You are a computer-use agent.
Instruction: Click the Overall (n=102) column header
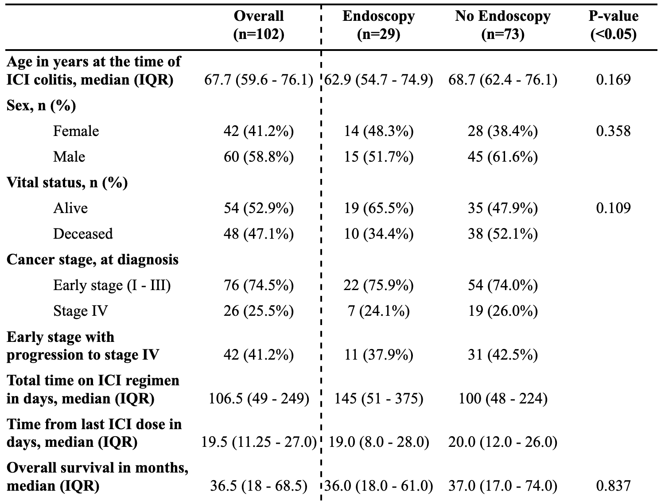coord(259,25)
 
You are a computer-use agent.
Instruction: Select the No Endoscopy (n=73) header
coord(502,25)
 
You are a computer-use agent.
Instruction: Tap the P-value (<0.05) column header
coord(614,25)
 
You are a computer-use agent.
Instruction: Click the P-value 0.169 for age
coord(614,80)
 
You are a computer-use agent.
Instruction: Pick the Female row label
coord(76,131)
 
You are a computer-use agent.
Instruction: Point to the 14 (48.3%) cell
coord(378,131)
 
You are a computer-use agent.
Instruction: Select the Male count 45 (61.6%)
coord(502,157)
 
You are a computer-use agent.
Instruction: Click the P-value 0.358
coord(614,131)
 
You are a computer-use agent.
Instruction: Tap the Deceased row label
coord(83,234)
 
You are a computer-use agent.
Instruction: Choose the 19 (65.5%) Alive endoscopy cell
coord(378,208)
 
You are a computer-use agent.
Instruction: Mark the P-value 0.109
coord(614,208)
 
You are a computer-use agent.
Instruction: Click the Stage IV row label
coord(80,311)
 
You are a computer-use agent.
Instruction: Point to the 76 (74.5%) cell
coord(259,285)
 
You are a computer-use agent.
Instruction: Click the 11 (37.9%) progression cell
coord(378,355)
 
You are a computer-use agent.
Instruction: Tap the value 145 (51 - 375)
coord(379,399)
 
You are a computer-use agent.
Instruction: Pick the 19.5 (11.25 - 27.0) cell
coord(259,442)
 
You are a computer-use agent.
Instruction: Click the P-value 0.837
coord(614,486)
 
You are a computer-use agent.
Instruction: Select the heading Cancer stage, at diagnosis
coord(93,260)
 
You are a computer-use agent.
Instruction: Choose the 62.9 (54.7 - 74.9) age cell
coord(379,80)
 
